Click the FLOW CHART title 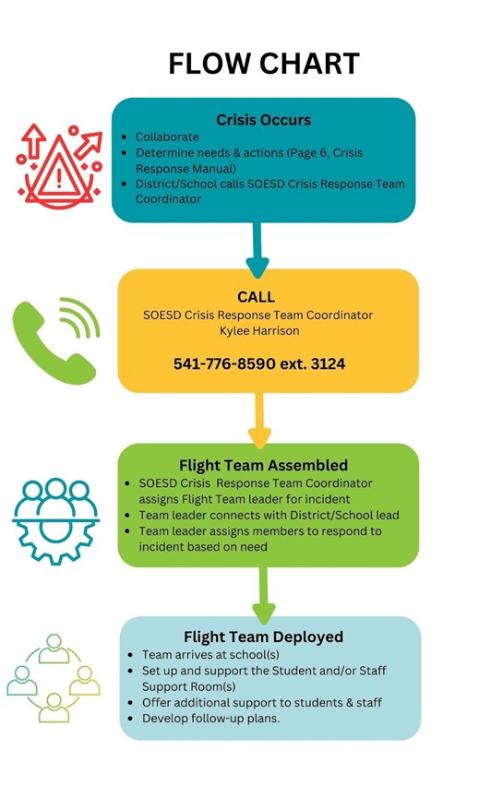point(264,64)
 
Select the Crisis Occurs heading point(263,120)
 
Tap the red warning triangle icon point(59,166)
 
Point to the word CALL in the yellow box point(256,297)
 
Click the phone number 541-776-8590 point(224,364)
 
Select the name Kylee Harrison point(259,331)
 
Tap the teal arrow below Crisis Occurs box point(257,249)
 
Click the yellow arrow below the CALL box point(259,421)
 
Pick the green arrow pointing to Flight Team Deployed point(263,595)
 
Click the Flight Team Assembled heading point(263,465)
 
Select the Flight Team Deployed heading point(263,636)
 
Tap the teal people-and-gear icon point(55,520)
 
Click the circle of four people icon point(54,678)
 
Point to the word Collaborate point(167,137)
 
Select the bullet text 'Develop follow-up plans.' point(210,719)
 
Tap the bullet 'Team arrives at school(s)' point(210,655)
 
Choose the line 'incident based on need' point(203,547)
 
